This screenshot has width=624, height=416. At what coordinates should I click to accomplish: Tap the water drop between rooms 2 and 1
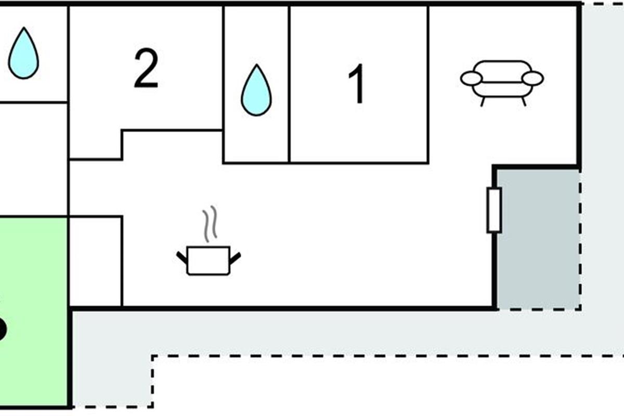tap(256, 90)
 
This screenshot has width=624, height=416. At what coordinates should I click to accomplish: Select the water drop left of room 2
tap(23, 54)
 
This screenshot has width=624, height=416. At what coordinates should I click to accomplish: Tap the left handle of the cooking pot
tap(182, 257)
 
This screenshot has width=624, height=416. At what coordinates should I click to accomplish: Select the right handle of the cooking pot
tap(235, 257)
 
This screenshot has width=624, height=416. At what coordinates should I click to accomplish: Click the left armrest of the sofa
tap(472, 79)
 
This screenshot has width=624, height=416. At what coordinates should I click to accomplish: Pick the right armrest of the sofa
tap(532, 79)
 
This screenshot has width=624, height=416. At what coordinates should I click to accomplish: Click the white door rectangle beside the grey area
tap(493, 210)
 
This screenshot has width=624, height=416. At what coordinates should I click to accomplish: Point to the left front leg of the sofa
tap(482, 101)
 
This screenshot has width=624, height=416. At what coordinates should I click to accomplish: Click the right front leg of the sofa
tap(523, 101)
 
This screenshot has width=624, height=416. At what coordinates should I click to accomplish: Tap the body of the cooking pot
tap(209, 261)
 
